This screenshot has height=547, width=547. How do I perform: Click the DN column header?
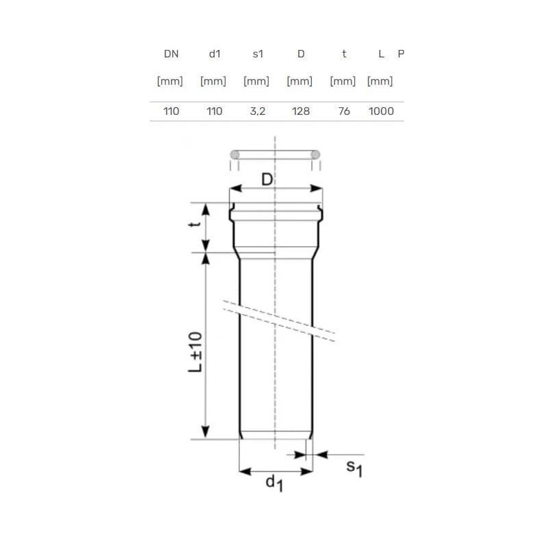click(171, 54)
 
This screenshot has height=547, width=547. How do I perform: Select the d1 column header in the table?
click(213, 54)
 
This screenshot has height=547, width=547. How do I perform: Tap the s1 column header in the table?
click(257, 54)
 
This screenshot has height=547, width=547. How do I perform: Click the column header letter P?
click(401, 54)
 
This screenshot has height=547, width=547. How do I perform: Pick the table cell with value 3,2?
click(257, 111)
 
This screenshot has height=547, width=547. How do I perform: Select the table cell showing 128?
click(300, 111)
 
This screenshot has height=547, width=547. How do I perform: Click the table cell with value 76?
click(344, 111)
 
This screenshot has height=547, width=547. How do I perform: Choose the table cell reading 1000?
click(381, 111)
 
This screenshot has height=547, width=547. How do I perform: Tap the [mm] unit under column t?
click(343, 81)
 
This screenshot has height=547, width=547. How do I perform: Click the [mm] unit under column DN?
click(170, 81)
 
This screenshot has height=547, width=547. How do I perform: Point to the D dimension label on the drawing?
click(269, 181)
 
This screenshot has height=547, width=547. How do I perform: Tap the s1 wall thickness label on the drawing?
click(353, 468)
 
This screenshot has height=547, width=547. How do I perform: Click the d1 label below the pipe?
click(274, 483)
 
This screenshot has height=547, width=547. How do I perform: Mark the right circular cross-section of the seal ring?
click(315, 155)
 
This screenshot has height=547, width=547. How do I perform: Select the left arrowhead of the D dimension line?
click(232, 189)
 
